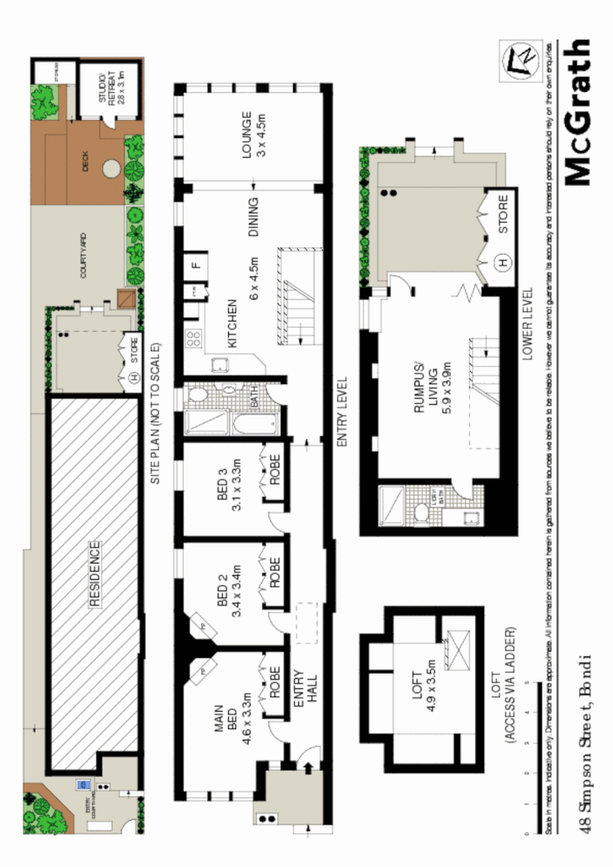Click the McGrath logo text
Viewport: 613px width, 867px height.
coord(577,113)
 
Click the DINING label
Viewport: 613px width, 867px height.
coord(254,218)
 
